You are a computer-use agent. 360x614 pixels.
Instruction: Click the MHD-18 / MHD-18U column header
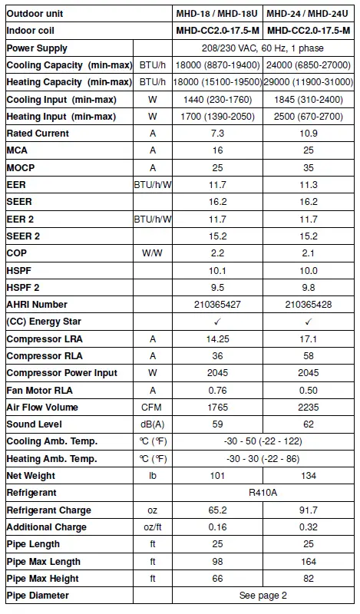(x=217, y=13)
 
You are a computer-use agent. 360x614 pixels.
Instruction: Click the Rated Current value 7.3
(x=217, y=134)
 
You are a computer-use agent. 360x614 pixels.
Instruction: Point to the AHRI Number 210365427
(x=217, y=305)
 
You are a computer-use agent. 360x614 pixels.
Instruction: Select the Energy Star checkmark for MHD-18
(x=217, y=322)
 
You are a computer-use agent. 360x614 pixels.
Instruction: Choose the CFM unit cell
(x=152, y=408)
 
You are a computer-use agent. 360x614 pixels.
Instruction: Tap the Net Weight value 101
(x=217, y=476)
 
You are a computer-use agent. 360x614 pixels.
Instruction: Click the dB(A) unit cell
(x=152, y=424)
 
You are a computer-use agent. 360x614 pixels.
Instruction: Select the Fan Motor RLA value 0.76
(x=217, y=390)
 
